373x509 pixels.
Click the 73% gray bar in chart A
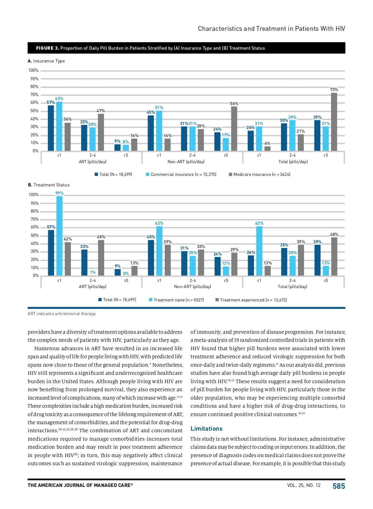(x=334, y=122)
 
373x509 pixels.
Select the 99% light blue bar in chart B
(x=59, y=236)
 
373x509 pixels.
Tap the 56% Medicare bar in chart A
(x=234, y=129)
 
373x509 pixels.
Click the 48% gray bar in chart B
(x=334, y=256)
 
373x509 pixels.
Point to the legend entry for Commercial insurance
(x=181, y=175)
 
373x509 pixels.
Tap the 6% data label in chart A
(x=267, y=144)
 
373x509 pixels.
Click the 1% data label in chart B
(x=93, y=273)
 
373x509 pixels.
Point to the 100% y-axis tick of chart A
(x=34, y=71)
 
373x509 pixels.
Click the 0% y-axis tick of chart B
(x=36, y=276)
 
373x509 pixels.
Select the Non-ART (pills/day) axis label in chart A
(x=186, y=162)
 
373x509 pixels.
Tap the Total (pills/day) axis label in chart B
(x=292, y=287)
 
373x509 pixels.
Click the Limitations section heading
(x=206, y=429)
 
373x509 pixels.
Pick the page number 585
(x=339, y=486)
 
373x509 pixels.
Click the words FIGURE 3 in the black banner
(x=47, y=48)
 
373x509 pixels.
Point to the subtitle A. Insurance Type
(x=46, y=61)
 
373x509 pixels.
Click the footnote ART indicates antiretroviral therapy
(x=62, y=314)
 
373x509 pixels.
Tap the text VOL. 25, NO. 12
(x=304, y=485)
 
